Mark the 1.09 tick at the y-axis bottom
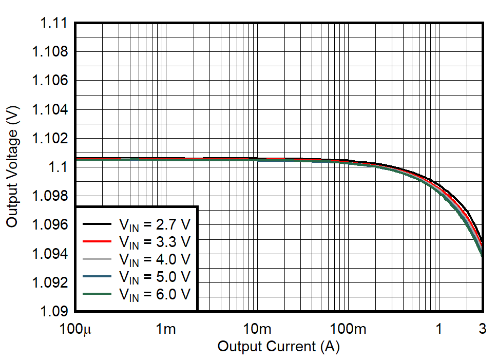51,311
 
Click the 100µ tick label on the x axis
75,329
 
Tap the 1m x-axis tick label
166,329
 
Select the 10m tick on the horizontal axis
257,329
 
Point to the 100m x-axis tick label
348,329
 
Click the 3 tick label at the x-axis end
482,329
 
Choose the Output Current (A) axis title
278,347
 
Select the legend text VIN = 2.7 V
155,224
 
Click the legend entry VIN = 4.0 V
155,259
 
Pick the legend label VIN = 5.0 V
155,277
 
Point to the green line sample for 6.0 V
97,294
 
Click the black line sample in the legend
97,224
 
